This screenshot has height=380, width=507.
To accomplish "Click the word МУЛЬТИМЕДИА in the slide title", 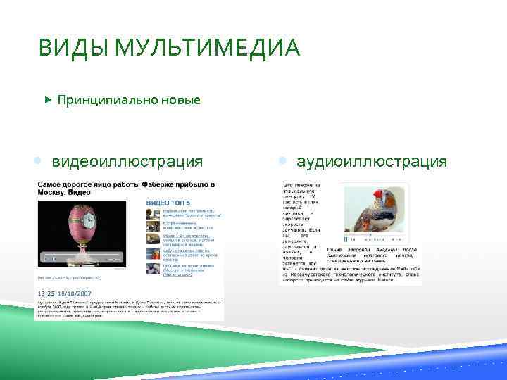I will pyautogui.click(x=205, y=50).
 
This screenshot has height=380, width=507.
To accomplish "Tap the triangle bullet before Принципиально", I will pyautogui.click(x=48, y=100).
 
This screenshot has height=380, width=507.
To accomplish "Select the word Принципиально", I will pyautogui.click(x=106, y=100).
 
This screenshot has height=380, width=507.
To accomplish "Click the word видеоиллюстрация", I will pyautogui.click(x=127, y=162).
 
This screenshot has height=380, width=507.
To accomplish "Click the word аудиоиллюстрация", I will pyautogui.click(x=371, y=162).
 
